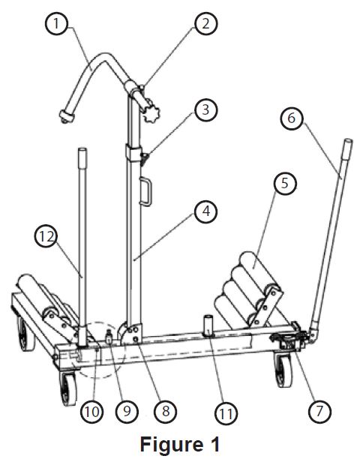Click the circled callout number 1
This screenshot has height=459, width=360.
coord(57,23)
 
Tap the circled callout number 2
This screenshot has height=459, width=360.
coord(205,23)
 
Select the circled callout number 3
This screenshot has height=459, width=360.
coord(205,109)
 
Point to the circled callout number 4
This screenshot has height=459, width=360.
coord(206,211)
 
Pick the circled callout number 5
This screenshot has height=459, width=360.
coord(285,184)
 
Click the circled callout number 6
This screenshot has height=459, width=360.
coord(292,118)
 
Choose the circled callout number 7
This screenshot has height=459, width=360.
coord(319,411)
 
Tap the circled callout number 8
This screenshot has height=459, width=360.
coord(165,411)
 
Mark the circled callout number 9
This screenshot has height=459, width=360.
coord(127,411)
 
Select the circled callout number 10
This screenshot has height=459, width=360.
coord(91,412)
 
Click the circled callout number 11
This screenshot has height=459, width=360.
coord(226,414)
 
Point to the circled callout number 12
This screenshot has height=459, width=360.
coord(46,236)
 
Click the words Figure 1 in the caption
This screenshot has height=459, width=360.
coord(180,444)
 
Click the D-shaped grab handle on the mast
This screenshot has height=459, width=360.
coord(145,192)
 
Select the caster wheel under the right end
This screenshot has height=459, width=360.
coord(283,369)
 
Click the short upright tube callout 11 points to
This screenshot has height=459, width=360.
coord(208,325)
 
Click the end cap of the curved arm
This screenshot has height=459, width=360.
coord(67,116)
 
